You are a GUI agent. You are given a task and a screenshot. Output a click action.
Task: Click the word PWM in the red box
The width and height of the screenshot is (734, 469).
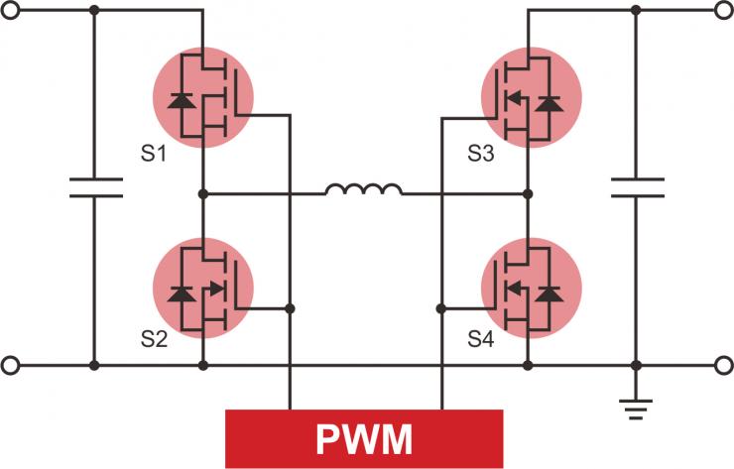click(364, 437)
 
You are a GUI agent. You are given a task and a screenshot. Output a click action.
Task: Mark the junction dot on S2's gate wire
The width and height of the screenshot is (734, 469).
click(290, 308)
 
